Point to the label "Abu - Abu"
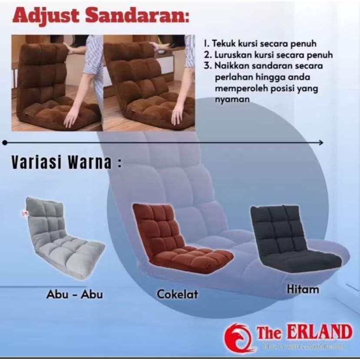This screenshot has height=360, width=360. [74, 294]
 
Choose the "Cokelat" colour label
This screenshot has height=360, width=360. [177, 294]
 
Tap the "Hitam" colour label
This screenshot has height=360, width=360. [303, 289]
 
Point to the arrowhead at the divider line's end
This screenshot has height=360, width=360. [321, 142]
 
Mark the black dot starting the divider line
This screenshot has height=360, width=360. [5, 142]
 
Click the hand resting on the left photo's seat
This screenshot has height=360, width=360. [72, 117]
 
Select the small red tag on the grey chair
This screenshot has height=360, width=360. [24, 214]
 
